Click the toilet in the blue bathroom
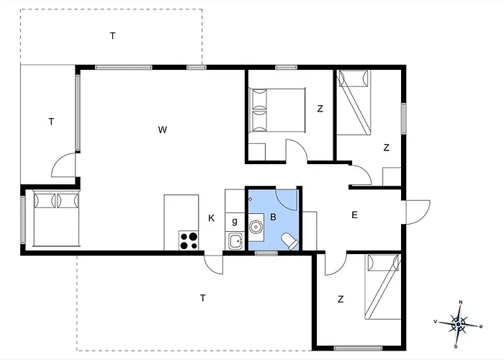tap(291, 241)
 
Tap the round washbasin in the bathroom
tap(256, 227)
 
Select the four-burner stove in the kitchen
tap(189, 240)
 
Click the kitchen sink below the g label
tap(235, 241)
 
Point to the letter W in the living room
tap(163, 130)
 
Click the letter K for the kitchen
tap(211, 218)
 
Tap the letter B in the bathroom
tap(273, 217)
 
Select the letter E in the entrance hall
tap(354, 215)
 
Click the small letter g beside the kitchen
tap(235, 221)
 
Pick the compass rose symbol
tap(459, 324)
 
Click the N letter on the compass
tap(461, 302)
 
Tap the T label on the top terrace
tap(112, 36)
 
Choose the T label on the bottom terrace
tap(202, 298)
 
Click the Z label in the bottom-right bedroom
tap(341, 300)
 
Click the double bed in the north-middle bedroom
tap(277, 110)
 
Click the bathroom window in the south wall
tap(266, 253)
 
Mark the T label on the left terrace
tap(51, 122)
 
